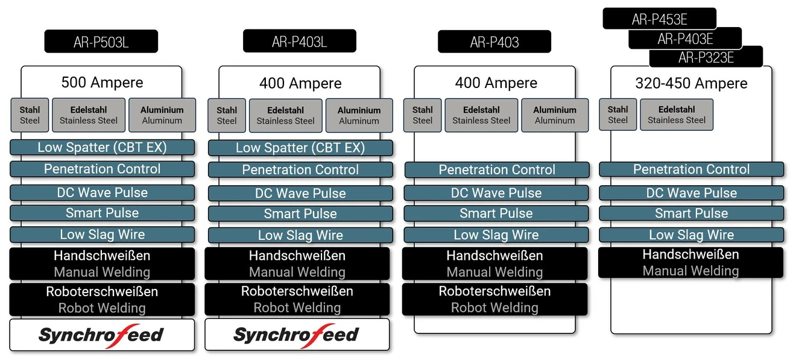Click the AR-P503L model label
pyautogui.click(x=101, y=42)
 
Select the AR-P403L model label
pyautogui.click(x=299, y=41)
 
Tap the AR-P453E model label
pyautogui.click(x=659, y=19)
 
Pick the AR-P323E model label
pyautogui.click(x=706, y=58)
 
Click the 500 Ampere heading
pyautogui.click(x=102, y=83)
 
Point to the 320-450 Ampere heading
pyautogui.click(x=691, y=83)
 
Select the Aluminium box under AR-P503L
pyautogui.click(x=162, y=115)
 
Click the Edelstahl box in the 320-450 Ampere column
pyautogui.click(x=676, y=115)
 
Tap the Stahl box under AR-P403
pyautogui.click(x=422, y=115)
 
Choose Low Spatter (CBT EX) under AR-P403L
pyautogui.click(x=300, y=148)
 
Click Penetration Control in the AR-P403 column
pyautogui.click(x=496, y=170)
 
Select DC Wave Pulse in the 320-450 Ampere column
pyautogui.click(x=691, y=193)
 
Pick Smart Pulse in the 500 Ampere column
pyautogui.click(x=102, y=213)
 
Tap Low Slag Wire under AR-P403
pyautogui.click(x=496, y=235)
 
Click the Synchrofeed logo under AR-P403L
pyautogui.click(x=296, y=335)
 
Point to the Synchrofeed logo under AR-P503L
pyautogui.click(x=101, y=335)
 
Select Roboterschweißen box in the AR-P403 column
pyautogui.click(x=494, y=299)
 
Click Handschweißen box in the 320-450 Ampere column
pyautogui.click(x=690, y=262)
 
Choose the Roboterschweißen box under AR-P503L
pyautogui.click(x=102, y=299)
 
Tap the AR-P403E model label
pyautogui.click(x=685, y=39)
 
